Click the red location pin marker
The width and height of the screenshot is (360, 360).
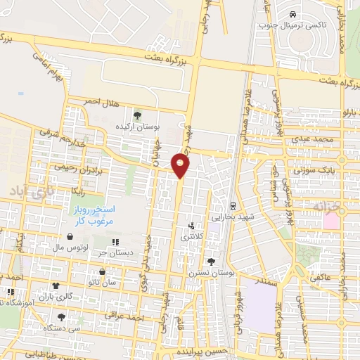181,166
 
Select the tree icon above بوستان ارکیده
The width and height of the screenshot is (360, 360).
137,115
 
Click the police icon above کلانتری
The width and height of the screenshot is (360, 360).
191,226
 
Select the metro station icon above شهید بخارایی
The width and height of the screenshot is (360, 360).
233,205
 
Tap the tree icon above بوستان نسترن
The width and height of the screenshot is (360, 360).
211,262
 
